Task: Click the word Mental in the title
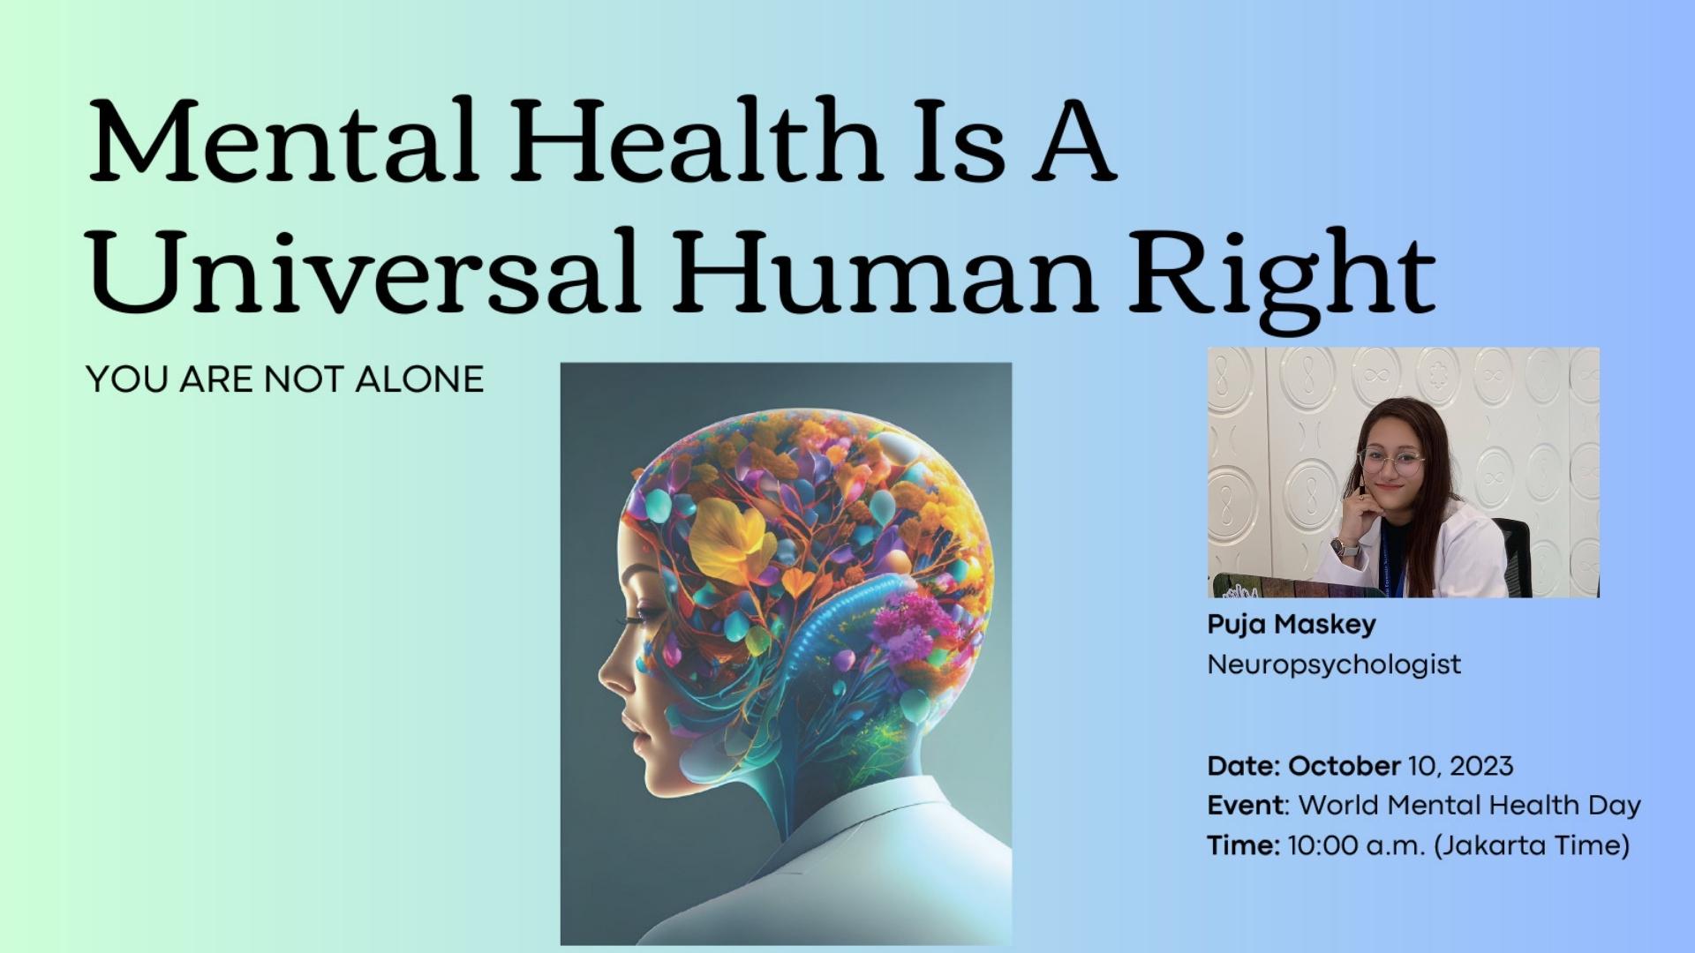[x=283, y=140]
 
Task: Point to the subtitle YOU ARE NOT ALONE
[x=285, y=379]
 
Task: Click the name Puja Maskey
[x=1292, y=625]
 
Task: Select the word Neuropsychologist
[x=1334, y=664]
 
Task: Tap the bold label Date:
[x=1243, y=765]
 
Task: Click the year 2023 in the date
[x=1481, y=765]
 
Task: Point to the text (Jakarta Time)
[x=1532, y=845]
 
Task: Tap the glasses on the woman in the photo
[x=1391, y=461]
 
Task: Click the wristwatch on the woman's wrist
[x=1341, y=548]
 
